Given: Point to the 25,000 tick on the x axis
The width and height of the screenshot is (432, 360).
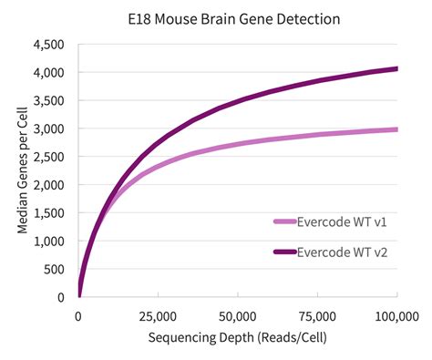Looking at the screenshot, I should (158, 315).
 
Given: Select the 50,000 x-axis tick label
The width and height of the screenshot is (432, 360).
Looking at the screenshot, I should (237, 315).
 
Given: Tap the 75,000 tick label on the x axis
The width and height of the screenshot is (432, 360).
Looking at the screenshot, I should (317, 315).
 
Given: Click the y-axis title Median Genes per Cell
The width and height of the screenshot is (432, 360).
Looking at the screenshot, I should (21, 170).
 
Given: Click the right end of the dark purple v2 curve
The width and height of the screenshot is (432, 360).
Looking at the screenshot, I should (396, 68).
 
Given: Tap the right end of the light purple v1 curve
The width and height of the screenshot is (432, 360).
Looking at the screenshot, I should (396, 129).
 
